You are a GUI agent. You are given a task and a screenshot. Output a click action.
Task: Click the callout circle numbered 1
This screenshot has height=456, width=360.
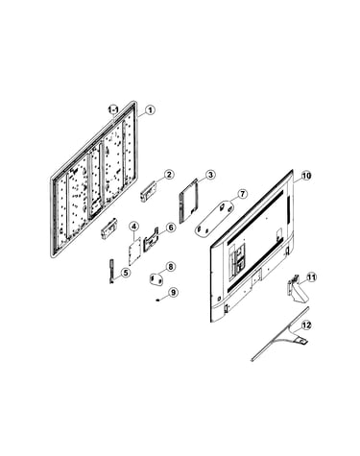coord(150,110)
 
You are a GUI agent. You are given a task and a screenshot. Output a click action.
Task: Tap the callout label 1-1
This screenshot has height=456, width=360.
coord(113,110)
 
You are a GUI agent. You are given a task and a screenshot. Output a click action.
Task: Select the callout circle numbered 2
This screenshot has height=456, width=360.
coord(169,175)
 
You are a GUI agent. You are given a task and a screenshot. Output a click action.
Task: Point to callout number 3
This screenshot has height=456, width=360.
coord(210,175)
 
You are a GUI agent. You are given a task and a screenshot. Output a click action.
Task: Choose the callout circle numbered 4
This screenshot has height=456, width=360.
coord(134,227)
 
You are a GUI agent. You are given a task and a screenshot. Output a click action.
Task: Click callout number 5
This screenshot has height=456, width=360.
coord(126,273)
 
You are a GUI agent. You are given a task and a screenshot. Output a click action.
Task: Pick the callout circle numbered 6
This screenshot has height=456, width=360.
coord(171,228)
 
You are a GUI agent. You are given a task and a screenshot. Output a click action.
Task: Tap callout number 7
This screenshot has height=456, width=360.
coord(242,194)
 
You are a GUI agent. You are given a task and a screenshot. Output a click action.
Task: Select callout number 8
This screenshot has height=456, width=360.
coord(171,266)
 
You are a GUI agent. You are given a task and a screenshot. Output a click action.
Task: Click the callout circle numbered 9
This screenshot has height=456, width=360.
coord(174,292)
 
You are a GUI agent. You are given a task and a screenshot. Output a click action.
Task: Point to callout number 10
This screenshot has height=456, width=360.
coord(306,176)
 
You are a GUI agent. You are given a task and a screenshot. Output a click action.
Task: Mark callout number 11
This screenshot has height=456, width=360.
coord(311,277)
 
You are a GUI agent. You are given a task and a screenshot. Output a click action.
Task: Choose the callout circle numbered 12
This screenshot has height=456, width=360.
coord(306,325)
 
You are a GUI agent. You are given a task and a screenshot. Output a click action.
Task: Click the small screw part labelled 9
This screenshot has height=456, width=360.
coord(157,300)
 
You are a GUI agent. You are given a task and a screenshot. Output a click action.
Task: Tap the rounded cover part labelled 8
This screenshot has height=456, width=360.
coord(157,279)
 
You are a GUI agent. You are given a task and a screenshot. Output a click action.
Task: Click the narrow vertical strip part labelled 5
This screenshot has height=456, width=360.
coord(111,272)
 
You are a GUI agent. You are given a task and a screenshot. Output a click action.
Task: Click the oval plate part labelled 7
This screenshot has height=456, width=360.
coord(214,219)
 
